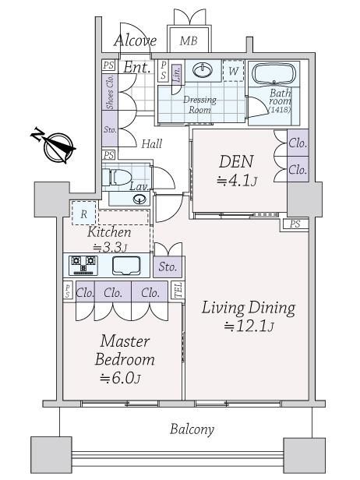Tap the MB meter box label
(x=189, y=41)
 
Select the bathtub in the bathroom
(x=274, y=74)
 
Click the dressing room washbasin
(x=203, y=70)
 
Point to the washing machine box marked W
(x=233, y=71)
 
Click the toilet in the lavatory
(x=117, y=178)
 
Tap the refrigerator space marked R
(x=84, y=214)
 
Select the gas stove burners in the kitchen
(x=83, y=265)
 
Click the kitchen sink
(x=126, y=265)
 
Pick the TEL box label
(x=178, y=290)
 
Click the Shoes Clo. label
(x=110, y=92)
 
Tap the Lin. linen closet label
(x=177, y=74)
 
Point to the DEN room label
(x=236, y=161)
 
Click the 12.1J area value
(x=249, y=326)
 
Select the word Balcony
(x=192, y=429)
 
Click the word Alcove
(x=136, y=40)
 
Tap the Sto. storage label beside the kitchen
(x=168, y=267)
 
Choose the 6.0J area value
(x=120, y=379)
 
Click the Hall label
(x=151, y=144)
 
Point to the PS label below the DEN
(x=295, y=224)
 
